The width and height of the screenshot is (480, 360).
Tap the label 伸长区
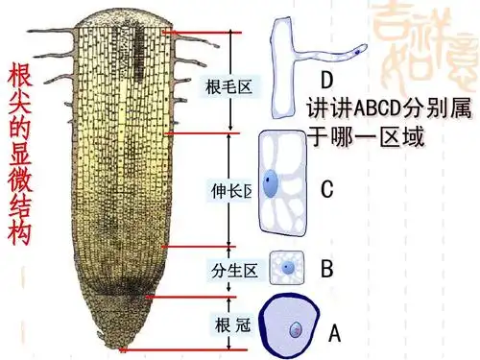tap(229, 190)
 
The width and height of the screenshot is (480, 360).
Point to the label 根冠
tap(232, 324)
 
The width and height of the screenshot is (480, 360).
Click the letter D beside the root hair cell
tap(326, 79)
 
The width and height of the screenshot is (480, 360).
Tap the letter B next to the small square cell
tap(326, 269)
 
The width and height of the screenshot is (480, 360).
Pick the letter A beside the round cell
tap(334, 333)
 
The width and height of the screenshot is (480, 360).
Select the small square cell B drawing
tap(287, 269)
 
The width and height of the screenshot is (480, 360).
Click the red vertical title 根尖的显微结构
tap(21, 154)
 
